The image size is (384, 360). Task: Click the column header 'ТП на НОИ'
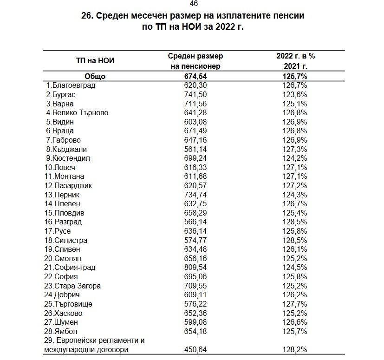[95, 60]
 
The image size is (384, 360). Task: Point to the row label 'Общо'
[95, 77]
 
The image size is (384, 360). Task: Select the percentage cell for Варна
[295, 104]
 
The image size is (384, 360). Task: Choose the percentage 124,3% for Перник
[295, 195]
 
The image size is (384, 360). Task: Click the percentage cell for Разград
[295, 222]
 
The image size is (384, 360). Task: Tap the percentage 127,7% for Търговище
[295, 304]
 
